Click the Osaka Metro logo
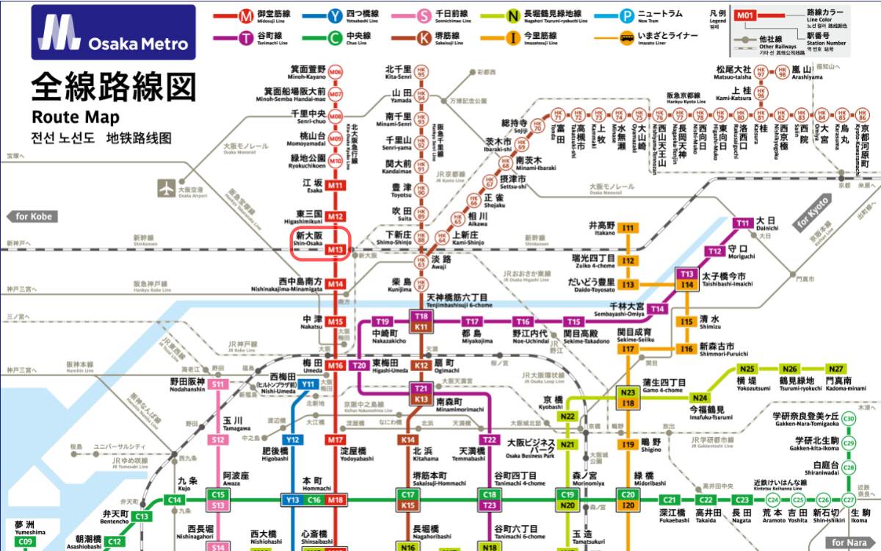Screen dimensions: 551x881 pos(113,32)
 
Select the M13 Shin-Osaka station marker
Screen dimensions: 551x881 pos(336,250)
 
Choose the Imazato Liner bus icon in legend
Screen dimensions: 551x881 pos(626,37)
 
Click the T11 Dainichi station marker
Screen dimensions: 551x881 pos(743,223)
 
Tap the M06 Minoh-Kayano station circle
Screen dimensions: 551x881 pos(336,72)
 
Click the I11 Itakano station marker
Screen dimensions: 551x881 pos(628,228)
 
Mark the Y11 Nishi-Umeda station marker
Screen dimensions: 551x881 pos(308,384)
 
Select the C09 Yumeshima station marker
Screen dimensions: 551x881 pos(26,542)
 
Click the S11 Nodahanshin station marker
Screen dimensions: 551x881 pos(218,384)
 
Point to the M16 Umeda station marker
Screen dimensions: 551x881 pos(336,365)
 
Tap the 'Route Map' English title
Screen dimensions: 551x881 pos(76,117)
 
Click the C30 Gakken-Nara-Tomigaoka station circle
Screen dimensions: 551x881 pos(849,419)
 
